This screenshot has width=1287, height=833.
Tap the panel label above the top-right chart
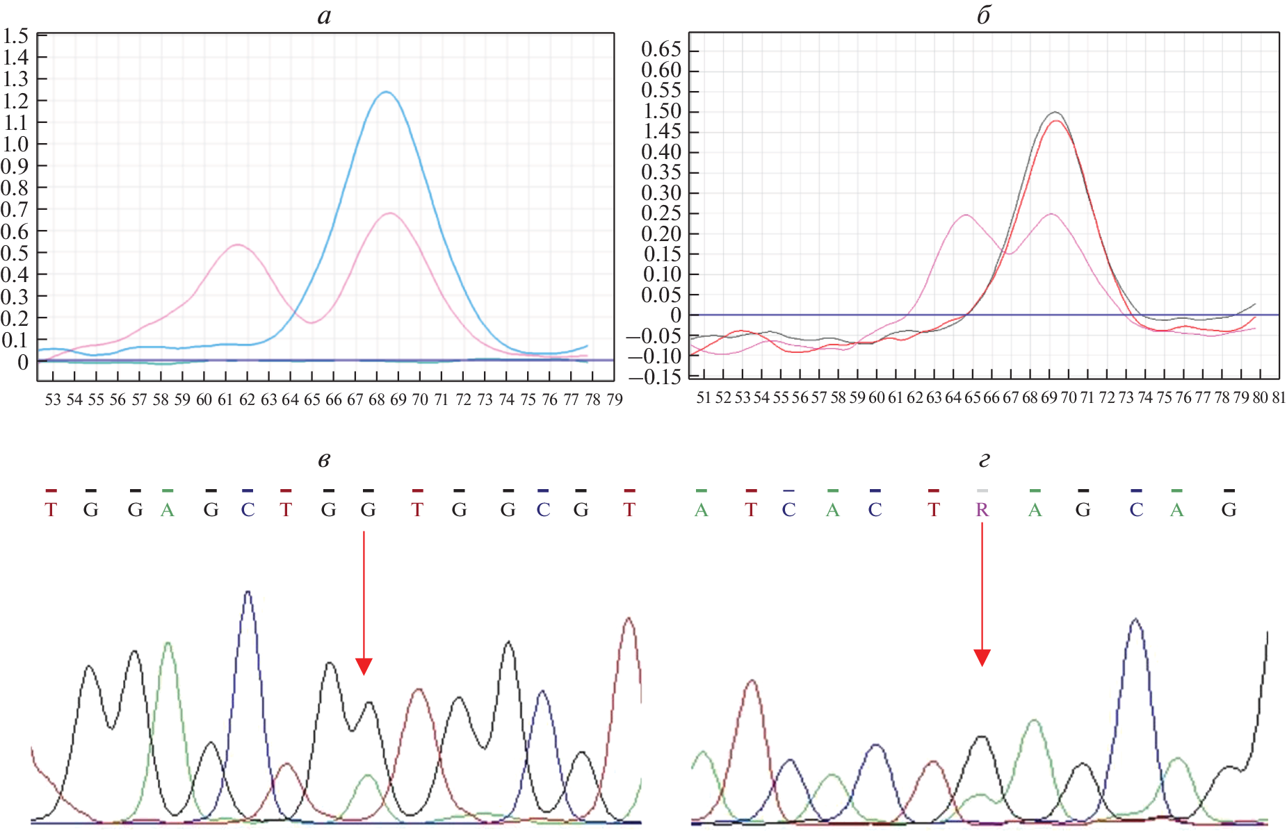coord(983,16)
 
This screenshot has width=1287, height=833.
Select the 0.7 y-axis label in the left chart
coord(15,209)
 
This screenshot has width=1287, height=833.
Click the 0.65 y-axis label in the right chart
coord(661,50)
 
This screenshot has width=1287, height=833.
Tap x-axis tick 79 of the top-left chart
coord(614,399)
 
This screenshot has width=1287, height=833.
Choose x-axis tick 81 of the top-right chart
coord(1279,397)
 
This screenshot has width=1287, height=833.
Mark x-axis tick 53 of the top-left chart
coord(53,399)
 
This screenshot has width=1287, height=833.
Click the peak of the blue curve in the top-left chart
coord(385,92)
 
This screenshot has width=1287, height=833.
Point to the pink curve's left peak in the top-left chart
coord(238,245)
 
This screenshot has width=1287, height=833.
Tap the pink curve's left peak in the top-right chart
coord(966,215)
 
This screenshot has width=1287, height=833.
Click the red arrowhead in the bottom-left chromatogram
coord(364,666)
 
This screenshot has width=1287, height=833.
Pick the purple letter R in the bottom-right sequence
coord(982,510)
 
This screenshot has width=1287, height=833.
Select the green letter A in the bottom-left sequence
coord(167,510)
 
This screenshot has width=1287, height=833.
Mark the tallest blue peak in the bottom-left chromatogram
coord(248,592)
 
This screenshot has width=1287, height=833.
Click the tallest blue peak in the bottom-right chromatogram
coord(1135,619)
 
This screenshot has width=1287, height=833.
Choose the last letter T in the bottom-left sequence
coord(629,510)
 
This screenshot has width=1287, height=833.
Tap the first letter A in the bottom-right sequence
coord(701,510)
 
